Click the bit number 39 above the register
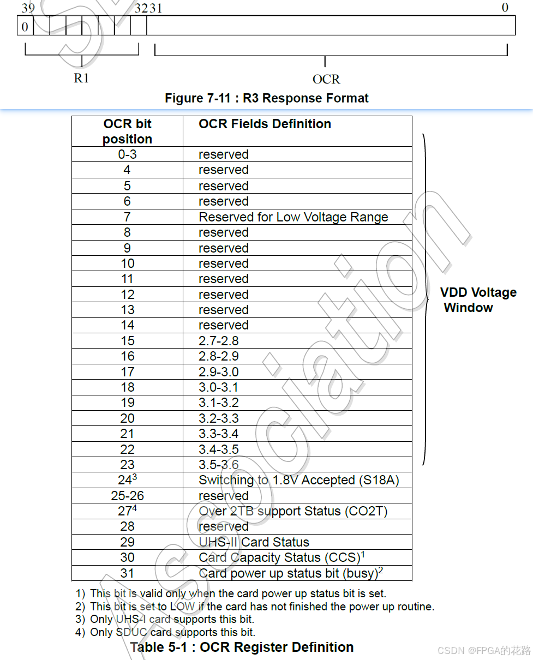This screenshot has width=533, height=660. (x=28, y=7)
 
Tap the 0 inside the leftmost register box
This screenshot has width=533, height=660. (x=25, y=26)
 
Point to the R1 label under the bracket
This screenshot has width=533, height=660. (x=81, y=78)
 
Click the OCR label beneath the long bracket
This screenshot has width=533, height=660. (x=326, y=80)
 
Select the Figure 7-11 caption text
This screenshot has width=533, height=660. (x=267, y=98)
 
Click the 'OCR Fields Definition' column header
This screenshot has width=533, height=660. (x=265, y=124)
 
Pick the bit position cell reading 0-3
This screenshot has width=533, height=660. (x=127, y=154)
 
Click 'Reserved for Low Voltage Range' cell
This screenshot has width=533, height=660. (x=294, y=217)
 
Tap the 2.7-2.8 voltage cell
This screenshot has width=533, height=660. (x=219, y=341)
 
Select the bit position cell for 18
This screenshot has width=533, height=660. (x=127, y=387)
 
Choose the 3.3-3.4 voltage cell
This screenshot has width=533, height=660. (x=219, y=434)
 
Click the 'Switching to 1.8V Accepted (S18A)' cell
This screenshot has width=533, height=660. (x=299, y=480)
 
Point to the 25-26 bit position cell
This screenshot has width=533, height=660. (x=127, y=496)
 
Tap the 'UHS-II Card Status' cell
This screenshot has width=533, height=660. (x=254, y=542)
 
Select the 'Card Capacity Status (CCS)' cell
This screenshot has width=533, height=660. (x=280, y=557)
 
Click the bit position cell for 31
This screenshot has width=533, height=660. (x=127, y=573)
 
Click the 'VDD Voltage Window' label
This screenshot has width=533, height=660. (x=478, y=299)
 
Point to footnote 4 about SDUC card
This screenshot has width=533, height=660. (x=165, y=633)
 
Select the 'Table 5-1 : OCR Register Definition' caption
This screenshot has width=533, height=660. (x=242, y=647)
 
